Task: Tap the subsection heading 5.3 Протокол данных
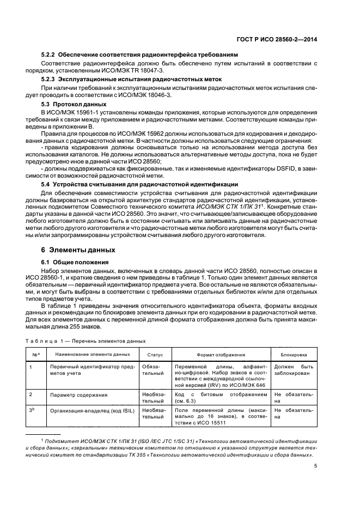(78, 104)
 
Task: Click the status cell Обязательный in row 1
(153, 370)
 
